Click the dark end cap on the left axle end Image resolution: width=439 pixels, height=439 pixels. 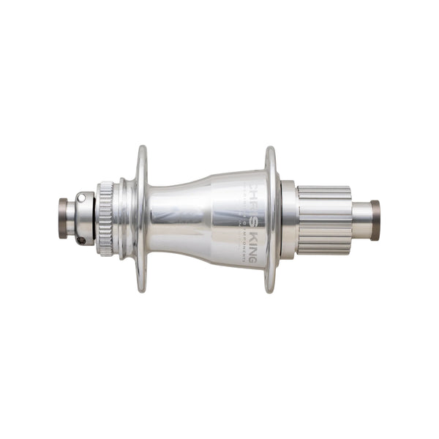tap(63, 217)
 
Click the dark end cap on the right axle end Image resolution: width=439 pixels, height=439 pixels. tap(375, 220)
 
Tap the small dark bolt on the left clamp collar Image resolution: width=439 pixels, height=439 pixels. tap(82, 239)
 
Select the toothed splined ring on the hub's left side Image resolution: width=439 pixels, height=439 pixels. tap(105, 219)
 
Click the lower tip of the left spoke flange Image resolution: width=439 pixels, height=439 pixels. tap(141, 288)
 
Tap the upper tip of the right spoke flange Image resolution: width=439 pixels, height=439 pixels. tap(271, 151)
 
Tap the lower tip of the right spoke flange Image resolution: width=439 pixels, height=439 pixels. tap(271, 288)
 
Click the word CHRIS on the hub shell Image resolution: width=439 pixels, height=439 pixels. tap(253, 192)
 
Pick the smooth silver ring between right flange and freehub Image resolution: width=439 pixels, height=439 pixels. tap(288, 219)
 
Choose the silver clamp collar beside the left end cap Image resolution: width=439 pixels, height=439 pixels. tap(83, 217)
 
